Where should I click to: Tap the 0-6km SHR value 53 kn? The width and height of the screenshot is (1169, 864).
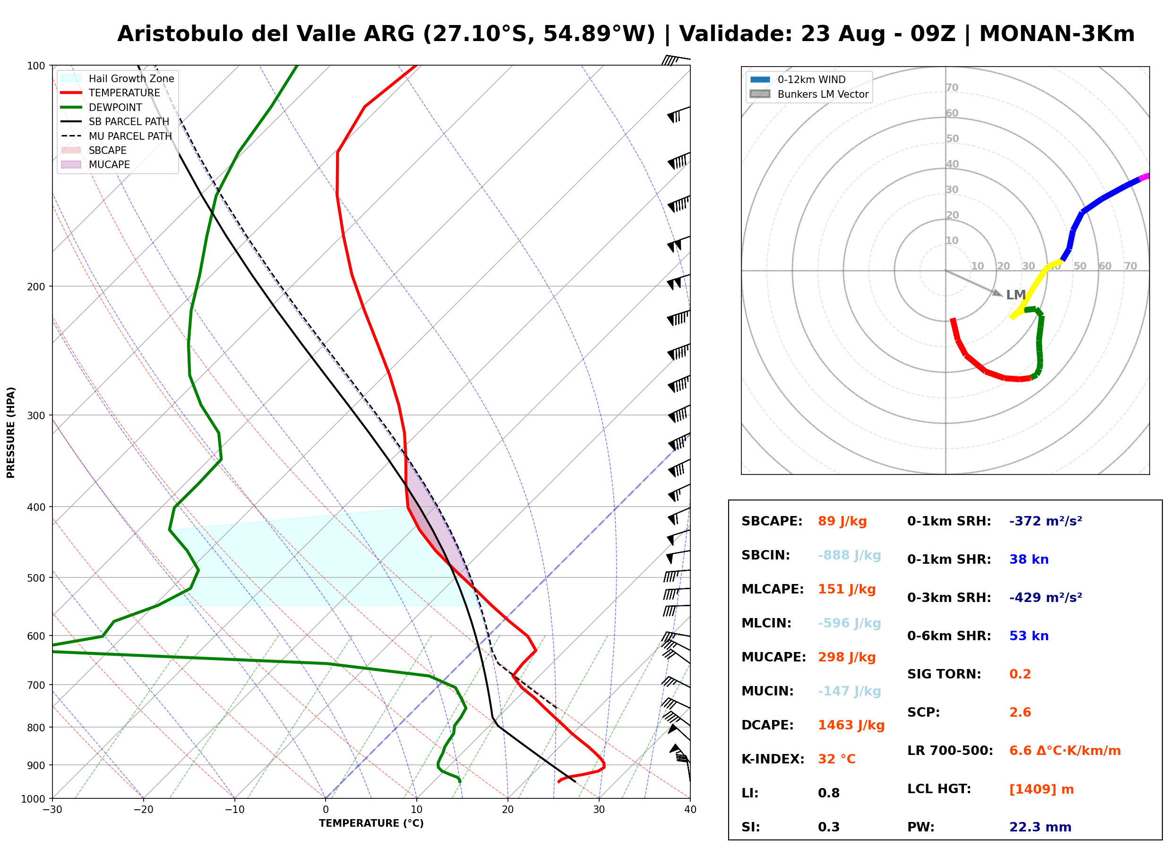[x=1029, y=636]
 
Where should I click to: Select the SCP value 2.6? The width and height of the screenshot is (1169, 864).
[x=1020, y=712]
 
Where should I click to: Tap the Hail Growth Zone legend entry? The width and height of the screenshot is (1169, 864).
[x=117, y=78]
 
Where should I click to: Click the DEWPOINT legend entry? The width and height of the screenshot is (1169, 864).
[x=102, y=107]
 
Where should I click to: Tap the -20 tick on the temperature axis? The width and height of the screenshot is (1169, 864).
[x=143, y=810]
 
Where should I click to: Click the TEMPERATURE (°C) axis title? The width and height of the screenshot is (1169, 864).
[x=371, y=823]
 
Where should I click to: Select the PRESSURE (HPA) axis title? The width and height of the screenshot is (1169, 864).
[x=10, y=432]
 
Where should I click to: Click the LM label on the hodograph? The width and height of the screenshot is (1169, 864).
[x=1016, y=295]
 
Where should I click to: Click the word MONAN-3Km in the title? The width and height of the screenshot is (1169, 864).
[x=1057, y=34]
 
